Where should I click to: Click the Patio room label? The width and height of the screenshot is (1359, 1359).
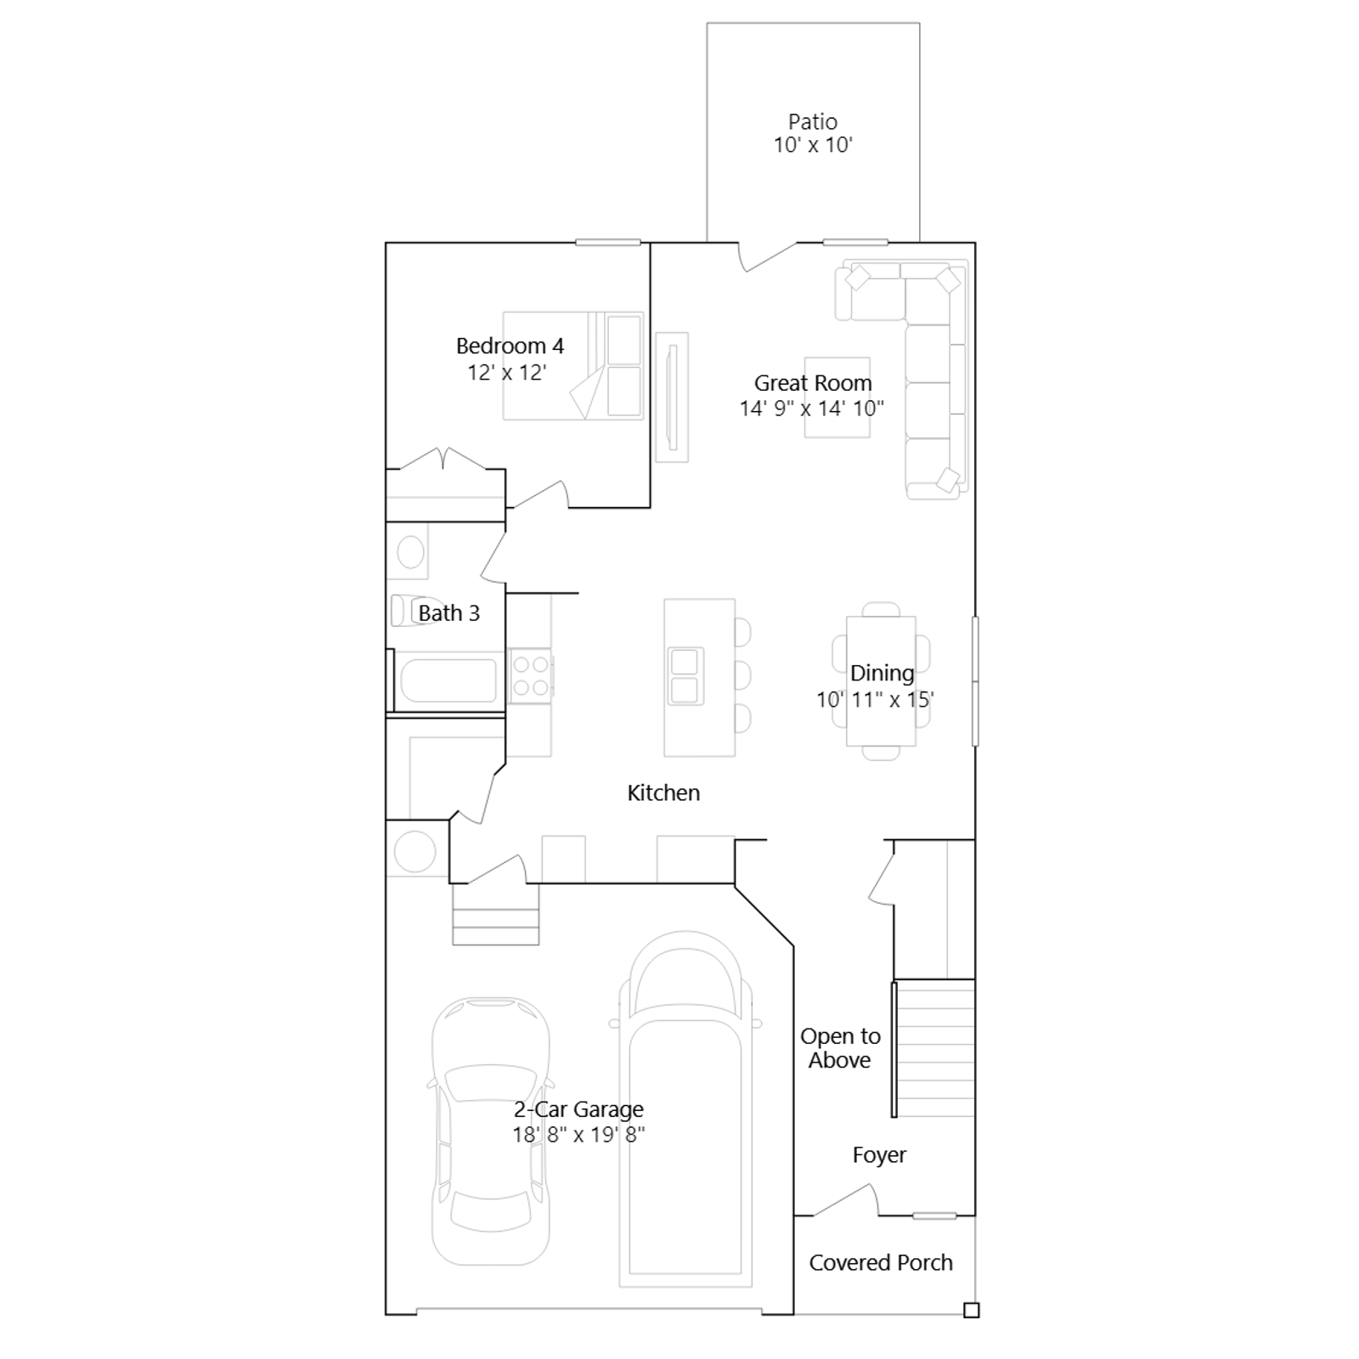point(813,121)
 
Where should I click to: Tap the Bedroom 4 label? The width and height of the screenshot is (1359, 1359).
point(510,346)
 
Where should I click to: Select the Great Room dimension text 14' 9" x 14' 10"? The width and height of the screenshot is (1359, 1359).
point(812,409)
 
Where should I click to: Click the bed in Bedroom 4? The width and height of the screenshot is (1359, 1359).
point(573,366)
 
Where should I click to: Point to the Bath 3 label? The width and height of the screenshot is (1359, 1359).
point(448,612)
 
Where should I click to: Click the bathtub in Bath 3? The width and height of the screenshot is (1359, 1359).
point(448,681)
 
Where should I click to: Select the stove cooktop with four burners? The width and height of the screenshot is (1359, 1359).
point(531,676)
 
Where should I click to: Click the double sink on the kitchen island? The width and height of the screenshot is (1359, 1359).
point(685,676)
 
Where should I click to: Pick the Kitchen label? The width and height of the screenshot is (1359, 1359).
point(663,792)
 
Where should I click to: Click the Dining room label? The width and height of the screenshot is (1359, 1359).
point(883,673)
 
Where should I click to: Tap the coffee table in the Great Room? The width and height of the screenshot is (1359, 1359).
point(837,398)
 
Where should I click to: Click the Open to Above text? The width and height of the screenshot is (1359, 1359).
point(840,1048)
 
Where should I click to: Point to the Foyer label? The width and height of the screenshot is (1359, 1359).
point(879,1154)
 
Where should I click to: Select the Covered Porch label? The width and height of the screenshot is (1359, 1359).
point(881,1262)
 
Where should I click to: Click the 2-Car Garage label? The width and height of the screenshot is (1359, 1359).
point(578,1108)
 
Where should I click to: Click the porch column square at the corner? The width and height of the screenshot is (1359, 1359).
point(972,1310)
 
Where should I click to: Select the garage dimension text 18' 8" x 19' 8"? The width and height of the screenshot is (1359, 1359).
point(578,1134)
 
